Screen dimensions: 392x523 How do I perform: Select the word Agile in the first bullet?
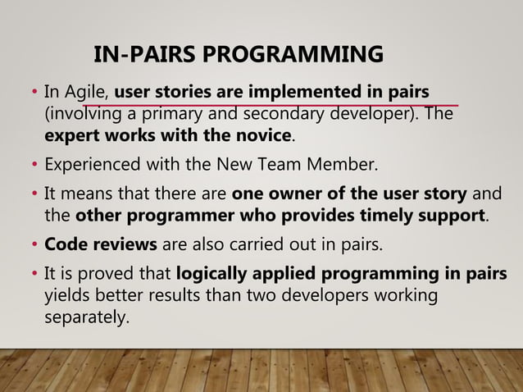(x=87, y=90)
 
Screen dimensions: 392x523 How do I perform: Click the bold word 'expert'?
(x=70, y=134)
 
